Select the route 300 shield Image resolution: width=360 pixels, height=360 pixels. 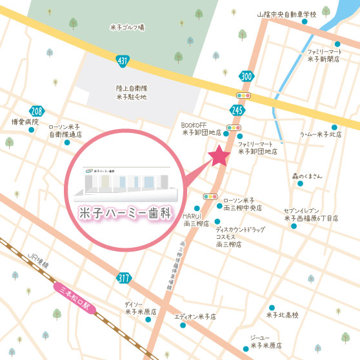pos(245,77)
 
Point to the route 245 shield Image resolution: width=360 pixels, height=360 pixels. pos(235,110)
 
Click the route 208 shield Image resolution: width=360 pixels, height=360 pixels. pos(37,111)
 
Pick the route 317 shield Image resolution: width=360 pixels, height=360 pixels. pos(124,278)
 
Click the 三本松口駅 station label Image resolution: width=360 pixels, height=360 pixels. pos(74,297)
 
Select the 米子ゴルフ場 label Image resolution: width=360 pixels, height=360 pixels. pos(127,26)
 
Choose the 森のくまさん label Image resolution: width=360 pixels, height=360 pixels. pos(306,175)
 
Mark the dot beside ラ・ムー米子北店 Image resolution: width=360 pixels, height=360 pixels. pos(334,126)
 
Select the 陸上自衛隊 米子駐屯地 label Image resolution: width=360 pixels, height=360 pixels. pos(132,92)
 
